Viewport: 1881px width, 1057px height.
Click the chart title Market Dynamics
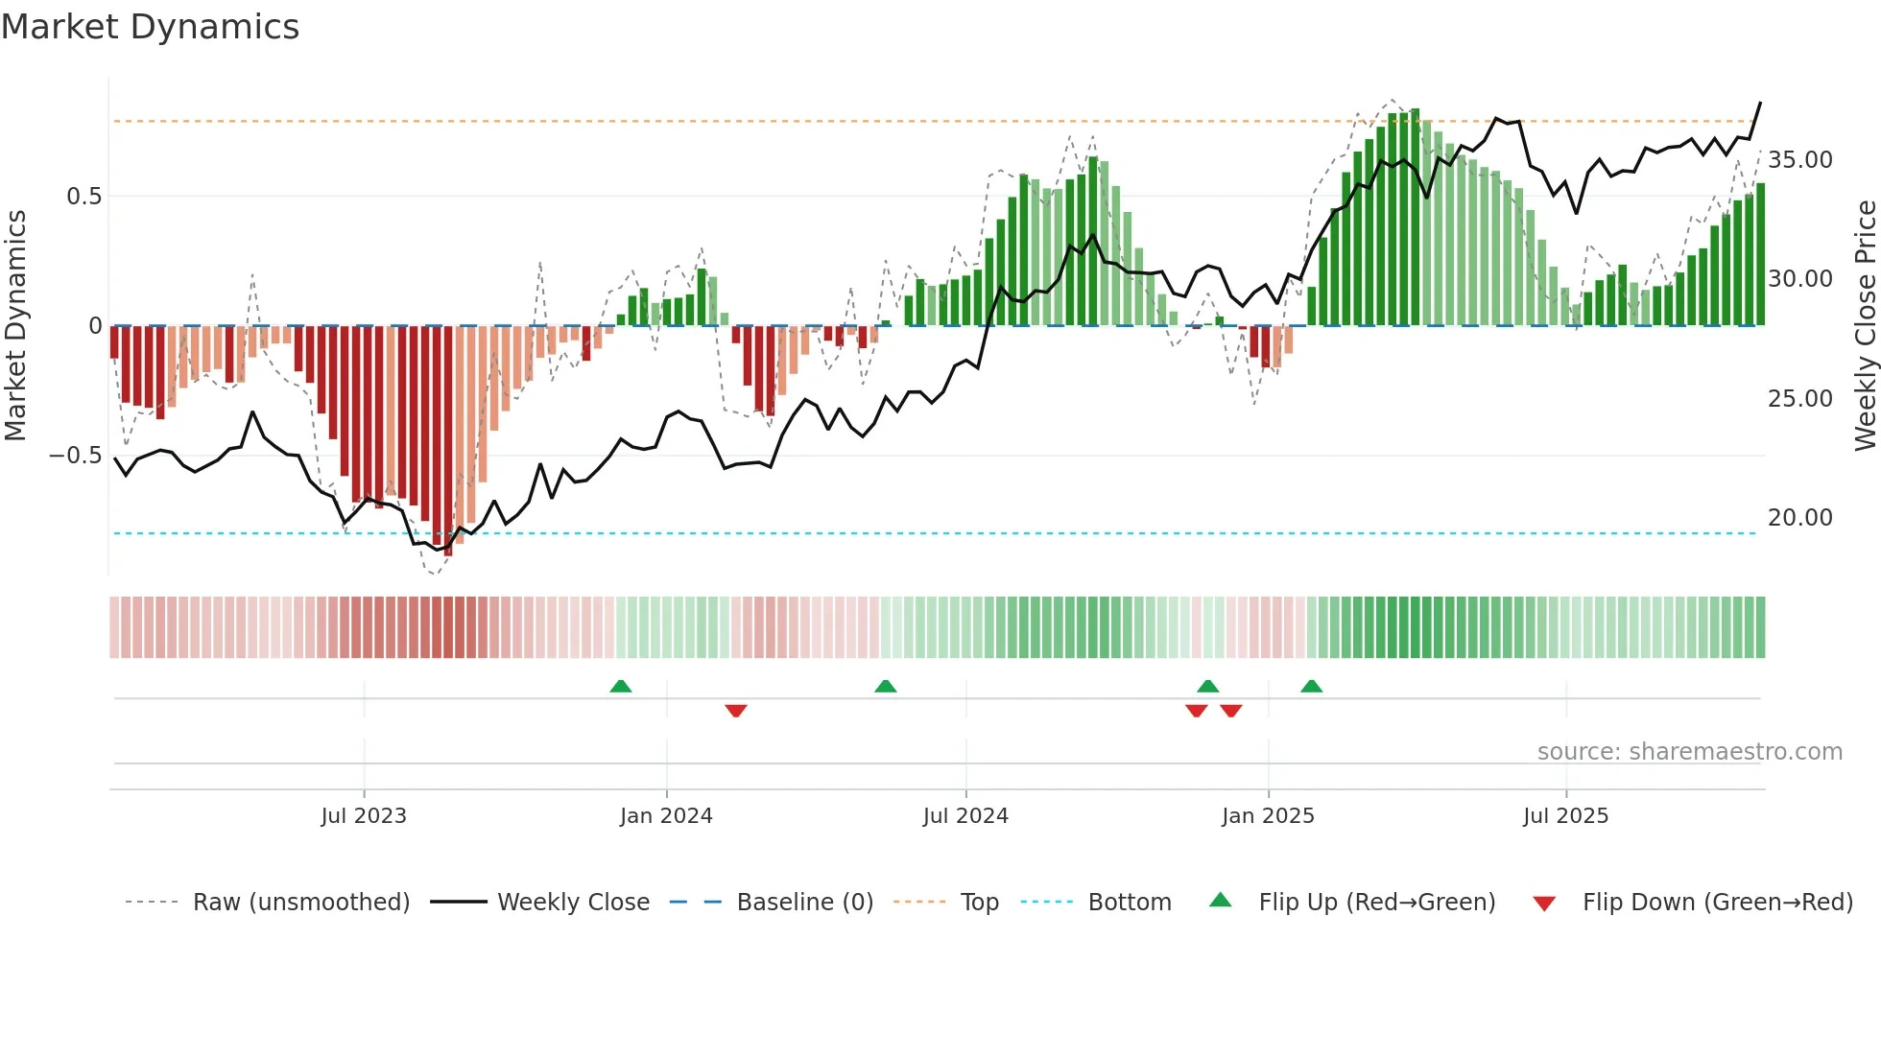[x=150, y=27]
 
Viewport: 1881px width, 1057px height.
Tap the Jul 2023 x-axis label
[x=364, y=816]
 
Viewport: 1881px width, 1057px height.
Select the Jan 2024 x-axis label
[x=666, y=816]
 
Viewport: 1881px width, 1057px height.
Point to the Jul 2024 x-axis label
[x=965, y=816]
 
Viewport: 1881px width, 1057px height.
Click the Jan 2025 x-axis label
[x=1268, y=816]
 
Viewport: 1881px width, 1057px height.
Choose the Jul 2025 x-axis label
[x=1565, y=816]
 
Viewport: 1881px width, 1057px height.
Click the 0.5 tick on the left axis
[x=83, y=197]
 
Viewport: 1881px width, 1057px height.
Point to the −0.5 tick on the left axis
[x=76, y=456]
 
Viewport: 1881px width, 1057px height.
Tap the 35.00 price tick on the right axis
[x=1799, y=160]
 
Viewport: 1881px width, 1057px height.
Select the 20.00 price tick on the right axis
[x=1799, y=518]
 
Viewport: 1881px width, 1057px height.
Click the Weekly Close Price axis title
[x=1865, y=326]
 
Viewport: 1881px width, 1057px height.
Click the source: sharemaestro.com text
[x=1689, y=752]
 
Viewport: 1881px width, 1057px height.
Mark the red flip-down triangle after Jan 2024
[x=736, y=711]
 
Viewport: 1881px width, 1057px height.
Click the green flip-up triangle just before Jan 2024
[x=621, y=686]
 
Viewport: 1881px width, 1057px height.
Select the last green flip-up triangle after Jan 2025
[x=1311, y=686]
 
